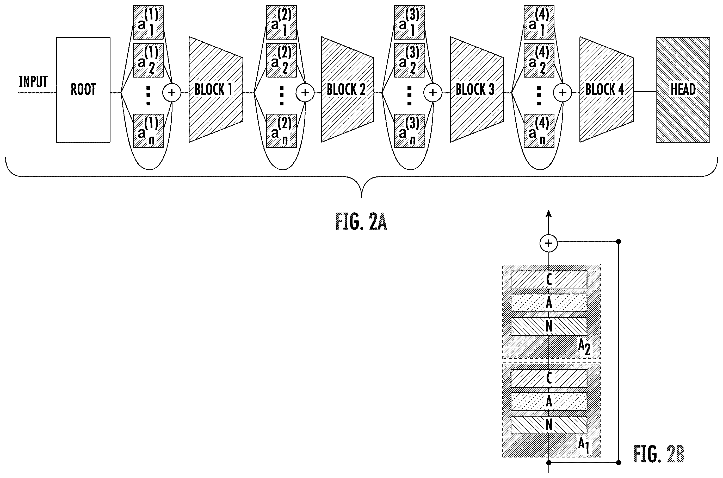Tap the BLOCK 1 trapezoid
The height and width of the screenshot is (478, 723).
click(216, 90)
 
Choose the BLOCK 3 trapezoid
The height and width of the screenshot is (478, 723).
click(477, 90)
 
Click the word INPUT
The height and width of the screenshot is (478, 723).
click(33, 82)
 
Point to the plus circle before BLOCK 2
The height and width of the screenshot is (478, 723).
click(305, 93)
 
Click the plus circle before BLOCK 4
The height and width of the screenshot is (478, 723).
click(563, 93)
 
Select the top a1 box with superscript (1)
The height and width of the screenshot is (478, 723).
click(148, 22)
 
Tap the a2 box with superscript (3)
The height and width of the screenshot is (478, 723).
click(409, 60)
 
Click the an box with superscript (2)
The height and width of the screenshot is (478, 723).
click(281, 131)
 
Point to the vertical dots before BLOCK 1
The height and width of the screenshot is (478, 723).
click(149, 96)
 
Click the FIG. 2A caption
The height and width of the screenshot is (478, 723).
click(361, 222)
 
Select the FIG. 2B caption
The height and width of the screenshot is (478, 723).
click(659, 454)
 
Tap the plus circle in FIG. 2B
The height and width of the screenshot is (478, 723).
click(549, 243)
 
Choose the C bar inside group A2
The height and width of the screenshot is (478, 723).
click(549, 280)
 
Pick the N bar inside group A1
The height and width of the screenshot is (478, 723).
click(549, 425)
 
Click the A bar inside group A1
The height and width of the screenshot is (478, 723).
click(549, 401)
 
